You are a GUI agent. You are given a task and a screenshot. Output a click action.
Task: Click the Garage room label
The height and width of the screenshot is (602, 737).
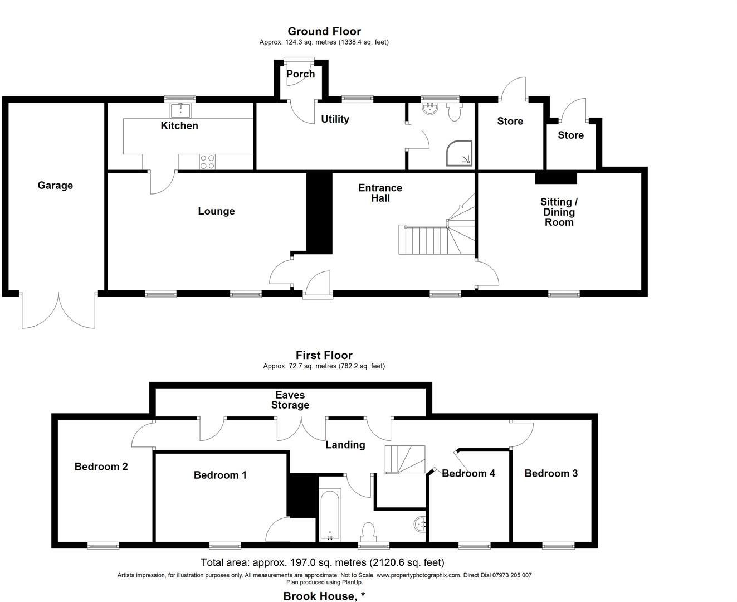pos(55,185)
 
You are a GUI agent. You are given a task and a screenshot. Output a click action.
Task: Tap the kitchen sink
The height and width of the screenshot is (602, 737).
pos(180,110)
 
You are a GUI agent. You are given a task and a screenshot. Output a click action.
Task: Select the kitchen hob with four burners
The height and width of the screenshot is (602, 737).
pos(207,162)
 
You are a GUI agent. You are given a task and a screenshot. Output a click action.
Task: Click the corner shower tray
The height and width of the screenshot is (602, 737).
pos(459,153)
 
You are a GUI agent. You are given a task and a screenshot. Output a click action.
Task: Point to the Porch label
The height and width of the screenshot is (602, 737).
pos(300,74)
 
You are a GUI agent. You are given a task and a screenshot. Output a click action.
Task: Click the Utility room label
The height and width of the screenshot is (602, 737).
pos(335,119)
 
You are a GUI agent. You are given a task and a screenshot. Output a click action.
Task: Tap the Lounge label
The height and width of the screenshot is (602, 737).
pos(216,211)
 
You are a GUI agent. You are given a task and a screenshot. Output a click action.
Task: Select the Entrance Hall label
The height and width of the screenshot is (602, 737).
pos(380,193)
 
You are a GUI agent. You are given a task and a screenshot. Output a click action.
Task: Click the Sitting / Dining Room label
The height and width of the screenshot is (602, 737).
pos(559,212)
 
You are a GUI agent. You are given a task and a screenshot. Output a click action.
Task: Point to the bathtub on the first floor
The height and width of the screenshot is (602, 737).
pos(330,515)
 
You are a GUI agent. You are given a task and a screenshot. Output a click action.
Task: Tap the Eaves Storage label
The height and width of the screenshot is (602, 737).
pos(290,400)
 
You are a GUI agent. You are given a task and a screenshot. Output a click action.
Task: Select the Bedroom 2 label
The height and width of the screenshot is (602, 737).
pos(101,467)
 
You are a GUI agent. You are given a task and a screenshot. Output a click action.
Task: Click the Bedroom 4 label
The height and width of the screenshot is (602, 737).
pos(468,473)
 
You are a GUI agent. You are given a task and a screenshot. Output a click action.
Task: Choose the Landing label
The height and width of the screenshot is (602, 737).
pos(345,445)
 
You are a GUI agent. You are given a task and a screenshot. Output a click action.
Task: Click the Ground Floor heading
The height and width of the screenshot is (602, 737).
pos(324,31)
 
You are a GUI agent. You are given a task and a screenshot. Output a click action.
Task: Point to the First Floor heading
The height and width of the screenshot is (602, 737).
pos(324,355)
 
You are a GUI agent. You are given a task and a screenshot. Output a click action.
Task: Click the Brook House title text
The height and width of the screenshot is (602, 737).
pos(324,596)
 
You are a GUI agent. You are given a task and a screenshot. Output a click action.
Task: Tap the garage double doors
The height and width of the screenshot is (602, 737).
pos(58,310)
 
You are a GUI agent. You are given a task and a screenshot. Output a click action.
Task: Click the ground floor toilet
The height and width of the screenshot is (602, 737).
pos(454,113)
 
